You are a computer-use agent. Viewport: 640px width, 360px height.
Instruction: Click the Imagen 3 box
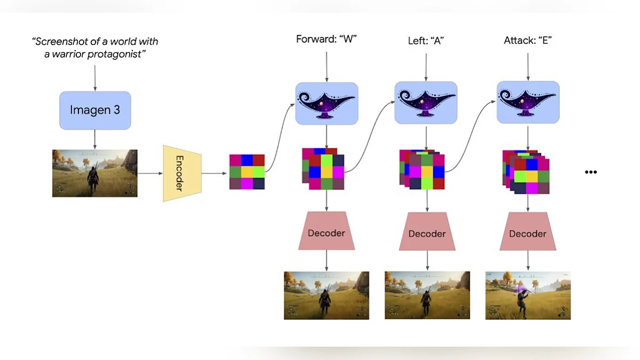[95, 110]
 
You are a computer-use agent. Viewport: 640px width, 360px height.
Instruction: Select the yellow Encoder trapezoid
[182, 173]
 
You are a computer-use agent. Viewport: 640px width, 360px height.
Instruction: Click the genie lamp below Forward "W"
[326, 103]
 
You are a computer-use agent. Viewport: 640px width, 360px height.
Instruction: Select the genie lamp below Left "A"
[426, 103]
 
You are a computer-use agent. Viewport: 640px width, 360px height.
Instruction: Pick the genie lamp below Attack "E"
[528, 102]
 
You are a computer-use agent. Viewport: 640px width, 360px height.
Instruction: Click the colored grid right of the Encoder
[247, 172]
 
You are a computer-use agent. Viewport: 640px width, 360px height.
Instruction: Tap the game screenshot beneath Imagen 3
[95, 173]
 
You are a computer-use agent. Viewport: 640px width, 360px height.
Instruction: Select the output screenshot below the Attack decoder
[528, 295]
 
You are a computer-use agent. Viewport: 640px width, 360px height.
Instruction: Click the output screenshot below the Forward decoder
[326, 295]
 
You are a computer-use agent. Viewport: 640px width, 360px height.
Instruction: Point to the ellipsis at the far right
[590, 172]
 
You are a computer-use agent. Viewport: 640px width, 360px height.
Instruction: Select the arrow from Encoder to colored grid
[215, 173]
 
